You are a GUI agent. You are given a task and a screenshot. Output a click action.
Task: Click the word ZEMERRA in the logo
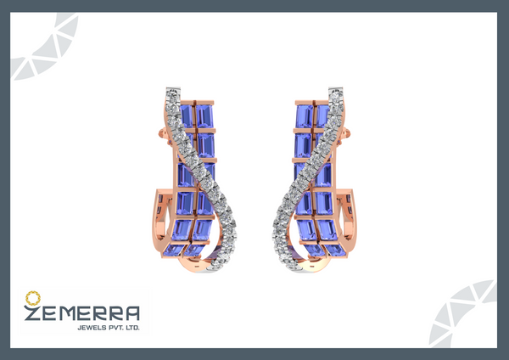point(81,312)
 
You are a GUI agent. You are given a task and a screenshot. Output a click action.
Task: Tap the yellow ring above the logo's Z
point(33,298)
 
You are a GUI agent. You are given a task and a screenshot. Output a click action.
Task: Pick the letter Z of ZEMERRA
point(32,312)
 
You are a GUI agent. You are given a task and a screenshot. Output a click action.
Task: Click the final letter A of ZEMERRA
point(132,313)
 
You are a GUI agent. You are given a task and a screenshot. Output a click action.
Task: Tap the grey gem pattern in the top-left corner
point(44,46)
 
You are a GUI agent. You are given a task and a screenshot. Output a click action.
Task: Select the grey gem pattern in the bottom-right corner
point(463,314)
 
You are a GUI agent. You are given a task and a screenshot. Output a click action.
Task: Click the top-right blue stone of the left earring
point(204,115)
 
